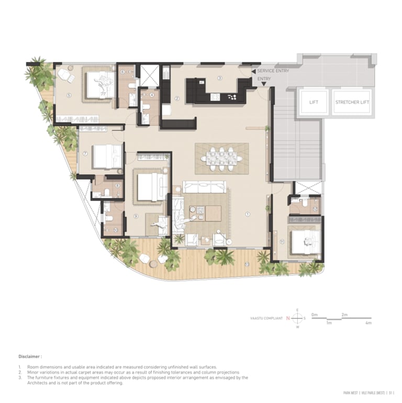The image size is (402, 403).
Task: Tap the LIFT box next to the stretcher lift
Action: point(314,102)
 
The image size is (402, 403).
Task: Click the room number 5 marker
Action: point(69,95)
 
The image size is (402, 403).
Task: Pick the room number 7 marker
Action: point(85,154)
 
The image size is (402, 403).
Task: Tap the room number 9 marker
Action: point(136,216)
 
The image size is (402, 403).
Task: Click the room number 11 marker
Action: point(282,241)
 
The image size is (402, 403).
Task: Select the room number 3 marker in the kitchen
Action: point(220,79)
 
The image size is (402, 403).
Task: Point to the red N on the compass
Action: point(288,318)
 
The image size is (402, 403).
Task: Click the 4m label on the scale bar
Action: point(368,323)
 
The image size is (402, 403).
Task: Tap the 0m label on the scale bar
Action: point(314,315)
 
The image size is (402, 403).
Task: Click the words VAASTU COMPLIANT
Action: point(267,318)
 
